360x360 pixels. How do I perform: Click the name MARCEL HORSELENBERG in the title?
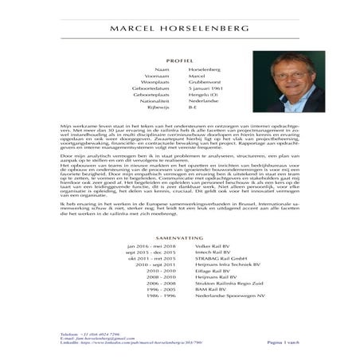click(x=179, y=29)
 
